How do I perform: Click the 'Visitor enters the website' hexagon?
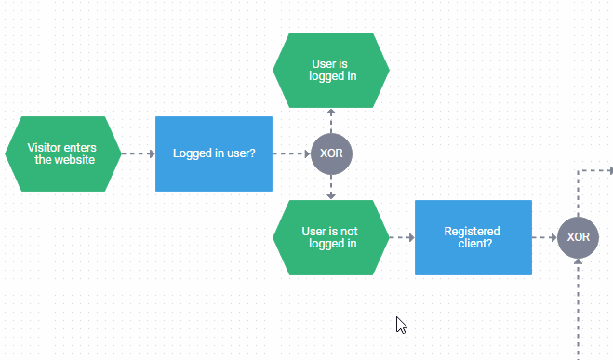[x=63, y=153]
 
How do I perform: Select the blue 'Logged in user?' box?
[x=213, y=153]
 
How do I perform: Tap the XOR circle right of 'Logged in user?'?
[x=331, y=153]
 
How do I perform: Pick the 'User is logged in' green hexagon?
[x=331, y=71]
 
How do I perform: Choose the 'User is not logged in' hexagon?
[x=331, y=238]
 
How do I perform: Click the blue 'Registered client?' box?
[x=473, y=238]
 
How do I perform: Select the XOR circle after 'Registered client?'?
[x=578, y=238]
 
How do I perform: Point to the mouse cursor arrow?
[x=401, y=324]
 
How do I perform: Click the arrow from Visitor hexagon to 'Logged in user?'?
[x=139, y=153]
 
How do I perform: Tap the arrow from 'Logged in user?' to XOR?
[x=291, y=153]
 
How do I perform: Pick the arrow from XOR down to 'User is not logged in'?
[x=331, y=187]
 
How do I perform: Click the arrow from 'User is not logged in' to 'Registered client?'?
[x=402, y=238]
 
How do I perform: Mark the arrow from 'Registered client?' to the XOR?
[x=544, y=238]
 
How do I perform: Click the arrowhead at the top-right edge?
[x=609, y=170]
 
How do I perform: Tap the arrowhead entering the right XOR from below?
[x=578, y=263]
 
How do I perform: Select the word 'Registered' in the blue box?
[x=472, y=232]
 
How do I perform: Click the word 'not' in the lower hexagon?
[x=349, y=232]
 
